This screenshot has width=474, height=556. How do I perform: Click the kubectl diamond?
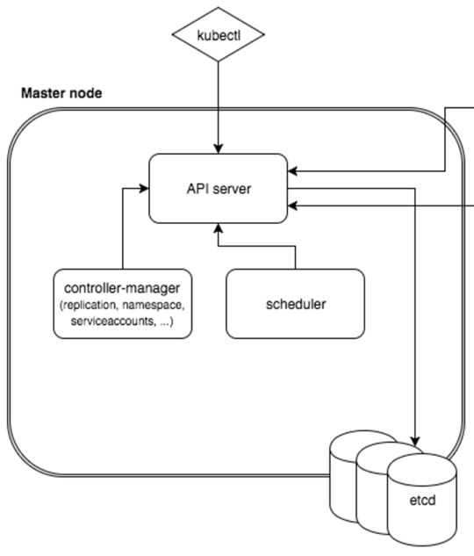[x=219, y=34]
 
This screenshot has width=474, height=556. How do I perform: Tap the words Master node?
[x=61, y=93]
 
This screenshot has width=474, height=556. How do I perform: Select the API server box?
[x=219, y=188]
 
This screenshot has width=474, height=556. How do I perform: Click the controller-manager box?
[x=123, y=304]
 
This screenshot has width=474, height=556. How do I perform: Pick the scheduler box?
[x=295, y=304]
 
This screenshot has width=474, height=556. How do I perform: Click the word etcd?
[x=422, y=501]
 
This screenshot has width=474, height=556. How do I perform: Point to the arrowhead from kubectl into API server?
[x=219, y=149]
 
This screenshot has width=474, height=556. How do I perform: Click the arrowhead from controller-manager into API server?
[x=144, y=188]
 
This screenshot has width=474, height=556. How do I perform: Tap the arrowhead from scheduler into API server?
[x=219, y=228]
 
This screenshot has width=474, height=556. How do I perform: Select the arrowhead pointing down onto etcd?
[x=415, y=441]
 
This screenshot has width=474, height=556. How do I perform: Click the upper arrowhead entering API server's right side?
[x=292, y=171]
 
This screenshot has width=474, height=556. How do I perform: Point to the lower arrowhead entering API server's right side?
[x=292, y=206]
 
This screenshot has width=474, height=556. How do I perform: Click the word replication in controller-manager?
[x=90, y=306]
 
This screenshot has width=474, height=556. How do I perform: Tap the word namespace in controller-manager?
[x=154, y=306]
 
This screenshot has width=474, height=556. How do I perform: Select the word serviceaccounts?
[x=113, y=321]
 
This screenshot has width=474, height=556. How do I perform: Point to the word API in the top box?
[x=198, y=189]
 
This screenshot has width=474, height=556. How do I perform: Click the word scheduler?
[x=296, y=304]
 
